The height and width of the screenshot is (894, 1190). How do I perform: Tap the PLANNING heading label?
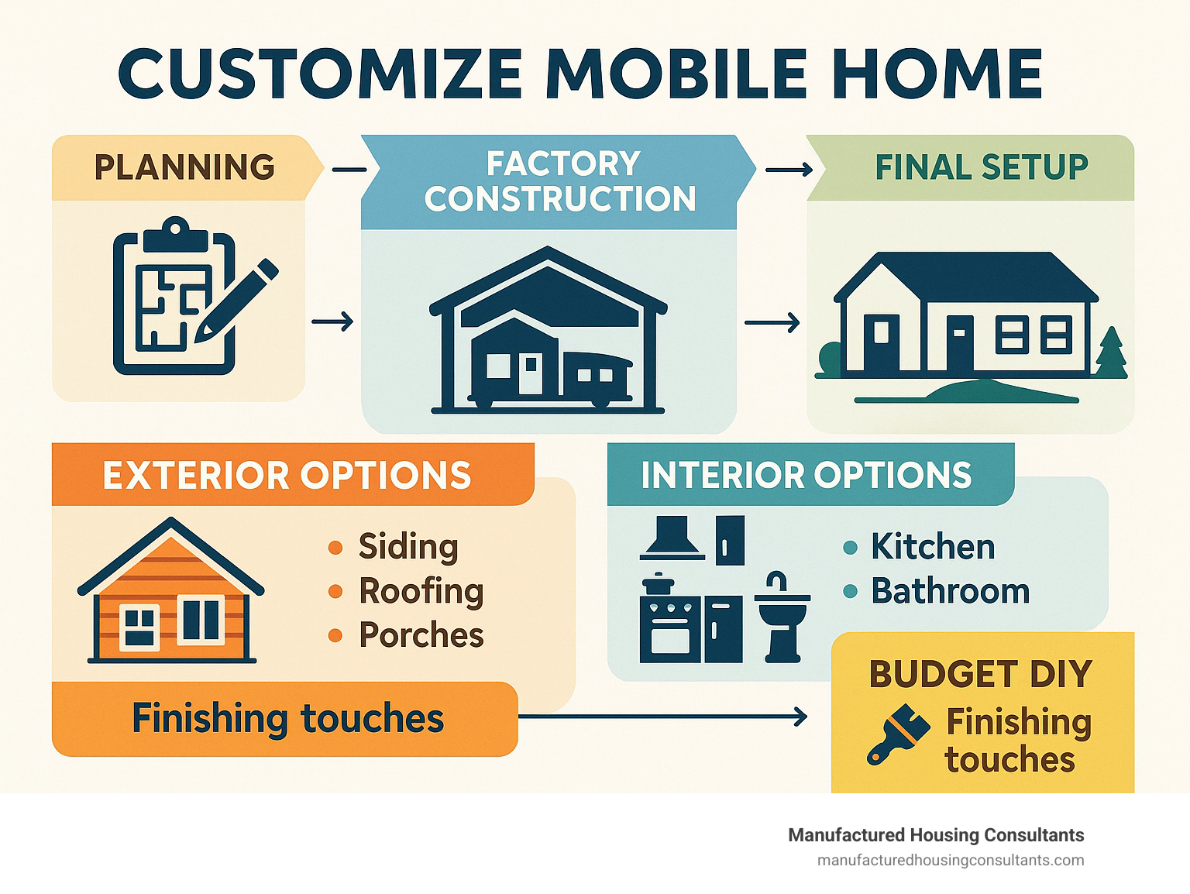pos(184,167)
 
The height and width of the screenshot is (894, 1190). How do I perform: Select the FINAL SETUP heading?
pos(982,167)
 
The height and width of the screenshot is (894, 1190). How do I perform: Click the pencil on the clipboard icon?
pos(236,301)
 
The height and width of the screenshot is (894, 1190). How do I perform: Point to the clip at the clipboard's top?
pos(175,234)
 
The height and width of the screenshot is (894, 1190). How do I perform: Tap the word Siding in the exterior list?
pos(408,546)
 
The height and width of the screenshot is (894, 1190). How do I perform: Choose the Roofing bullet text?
pos(421,591)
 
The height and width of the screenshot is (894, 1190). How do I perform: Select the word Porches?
pos(421,634)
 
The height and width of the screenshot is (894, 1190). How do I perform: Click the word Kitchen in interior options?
pos(933,546)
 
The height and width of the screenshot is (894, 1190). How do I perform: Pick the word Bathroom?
pos(951,591)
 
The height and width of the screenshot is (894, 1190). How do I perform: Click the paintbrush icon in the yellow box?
pos(899,734)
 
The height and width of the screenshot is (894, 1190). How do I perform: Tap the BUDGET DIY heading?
pos(981,674)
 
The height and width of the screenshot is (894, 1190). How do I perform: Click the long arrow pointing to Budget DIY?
pos(662,716)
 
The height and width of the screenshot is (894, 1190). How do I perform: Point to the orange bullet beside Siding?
pos(335,548)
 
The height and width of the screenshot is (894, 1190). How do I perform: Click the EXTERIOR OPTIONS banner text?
pos(287,476)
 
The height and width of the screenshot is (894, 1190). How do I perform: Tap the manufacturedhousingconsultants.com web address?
pos(951,861)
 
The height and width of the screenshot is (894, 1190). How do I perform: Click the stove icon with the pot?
pos(670,618)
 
